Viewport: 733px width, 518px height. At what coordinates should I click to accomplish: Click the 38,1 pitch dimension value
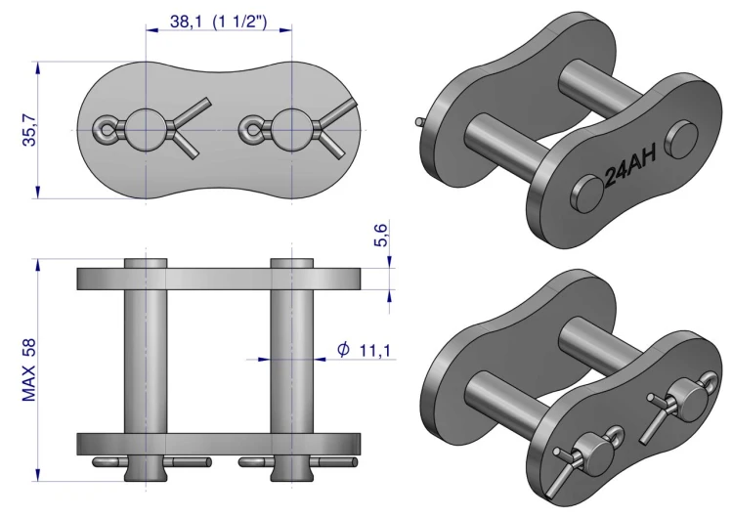186,22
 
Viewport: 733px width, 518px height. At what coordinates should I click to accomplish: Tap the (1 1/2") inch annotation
239,22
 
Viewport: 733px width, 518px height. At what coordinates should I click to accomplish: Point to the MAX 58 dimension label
29,369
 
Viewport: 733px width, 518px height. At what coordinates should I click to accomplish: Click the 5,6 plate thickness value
382,235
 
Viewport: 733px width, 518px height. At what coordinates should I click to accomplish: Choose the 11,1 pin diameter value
375,350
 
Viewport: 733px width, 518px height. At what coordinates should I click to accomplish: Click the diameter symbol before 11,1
343,349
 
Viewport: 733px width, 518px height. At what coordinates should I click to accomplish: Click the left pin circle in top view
147,130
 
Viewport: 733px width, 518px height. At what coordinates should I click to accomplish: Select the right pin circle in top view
292,130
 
